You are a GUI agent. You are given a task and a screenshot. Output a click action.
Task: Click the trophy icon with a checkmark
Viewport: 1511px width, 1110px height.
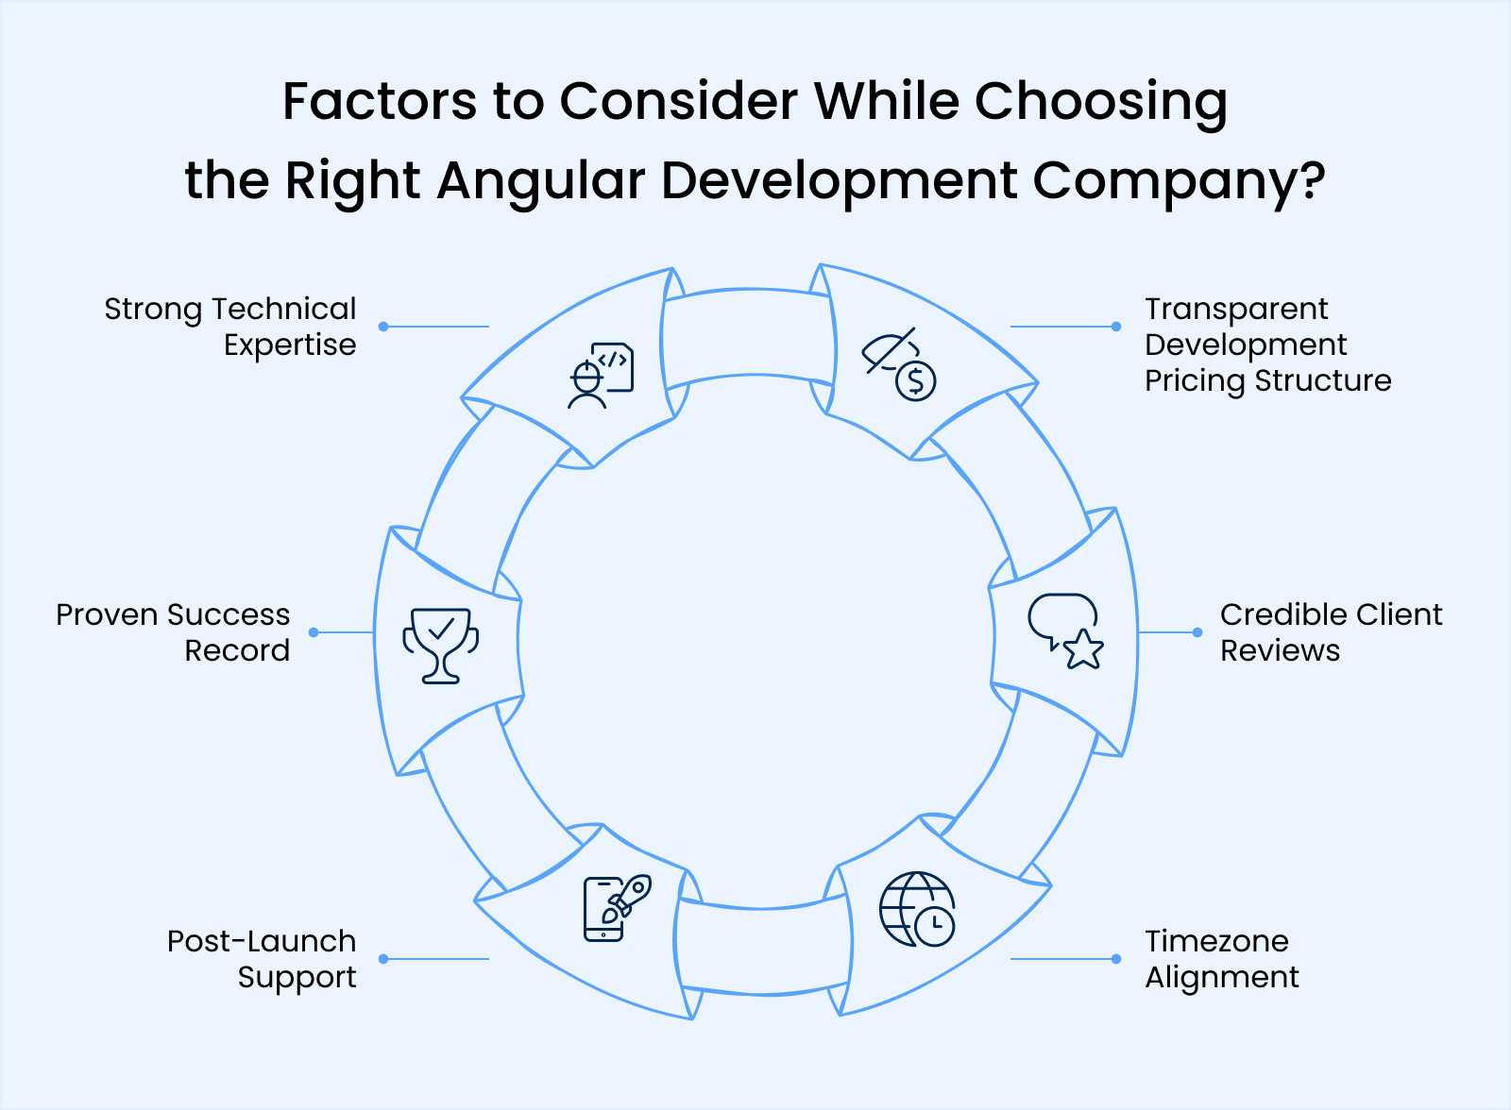click(440, 646)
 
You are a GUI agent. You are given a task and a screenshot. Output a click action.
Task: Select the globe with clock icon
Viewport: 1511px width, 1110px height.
click(916, 909)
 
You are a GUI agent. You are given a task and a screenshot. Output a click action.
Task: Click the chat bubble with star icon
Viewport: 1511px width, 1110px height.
click(1065, 631)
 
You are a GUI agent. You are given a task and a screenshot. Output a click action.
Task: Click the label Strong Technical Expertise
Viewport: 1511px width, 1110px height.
click(230, 327)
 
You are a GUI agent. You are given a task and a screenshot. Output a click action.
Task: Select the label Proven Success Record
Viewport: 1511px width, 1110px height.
click(173, 632)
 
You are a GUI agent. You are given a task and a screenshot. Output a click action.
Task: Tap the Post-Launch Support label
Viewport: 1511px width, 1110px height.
click(262, 959)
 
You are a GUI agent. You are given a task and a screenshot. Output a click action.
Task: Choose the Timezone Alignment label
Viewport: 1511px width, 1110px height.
click(1221, 959)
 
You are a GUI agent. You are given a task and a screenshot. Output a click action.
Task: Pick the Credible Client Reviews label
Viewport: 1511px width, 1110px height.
click(1331, 632)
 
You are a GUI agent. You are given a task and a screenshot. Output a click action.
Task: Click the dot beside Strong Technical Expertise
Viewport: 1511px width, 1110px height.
click(383, 327)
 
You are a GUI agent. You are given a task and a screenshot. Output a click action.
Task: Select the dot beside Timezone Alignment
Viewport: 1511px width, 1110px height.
click(1116, 959)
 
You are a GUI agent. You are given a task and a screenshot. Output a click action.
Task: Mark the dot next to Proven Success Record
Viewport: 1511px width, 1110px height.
click(314, 632)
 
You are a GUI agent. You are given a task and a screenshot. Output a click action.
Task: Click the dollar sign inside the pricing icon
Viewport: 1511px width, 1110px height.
click(915, 381)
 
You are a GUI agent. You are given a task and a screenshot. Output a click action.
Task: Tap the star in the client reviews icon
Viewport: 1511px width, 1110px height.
click(1083, 650)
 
